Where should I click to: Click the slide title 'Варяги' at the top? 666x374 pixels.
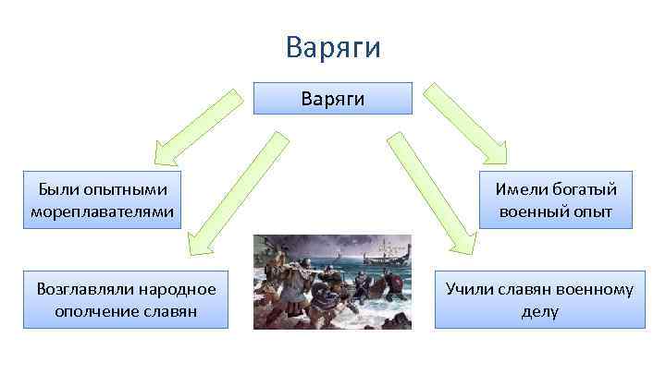coord(333,47)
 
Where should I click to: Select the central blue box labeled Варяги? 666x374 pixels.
coord(333,98)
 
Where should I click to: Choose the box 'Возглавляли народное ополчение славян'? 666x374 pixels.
coord(126,300)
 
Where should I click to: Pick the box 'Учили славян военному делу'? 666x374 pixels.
coord(539,300)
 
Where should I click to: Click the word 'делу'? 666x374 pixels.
coord(539,311)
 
